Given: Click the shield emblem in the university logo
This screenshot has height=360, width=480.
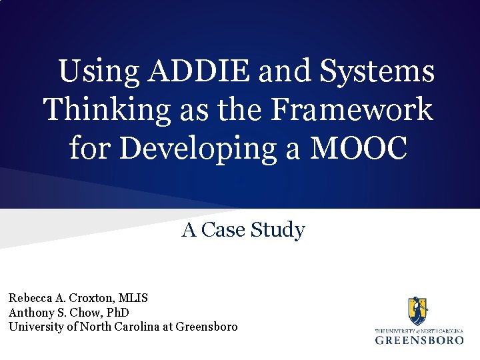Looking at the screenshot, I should (x=419, y=311).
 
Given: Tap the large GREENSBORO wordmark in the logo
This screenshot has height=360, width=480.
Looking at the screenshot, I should (x=419, y=339).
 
